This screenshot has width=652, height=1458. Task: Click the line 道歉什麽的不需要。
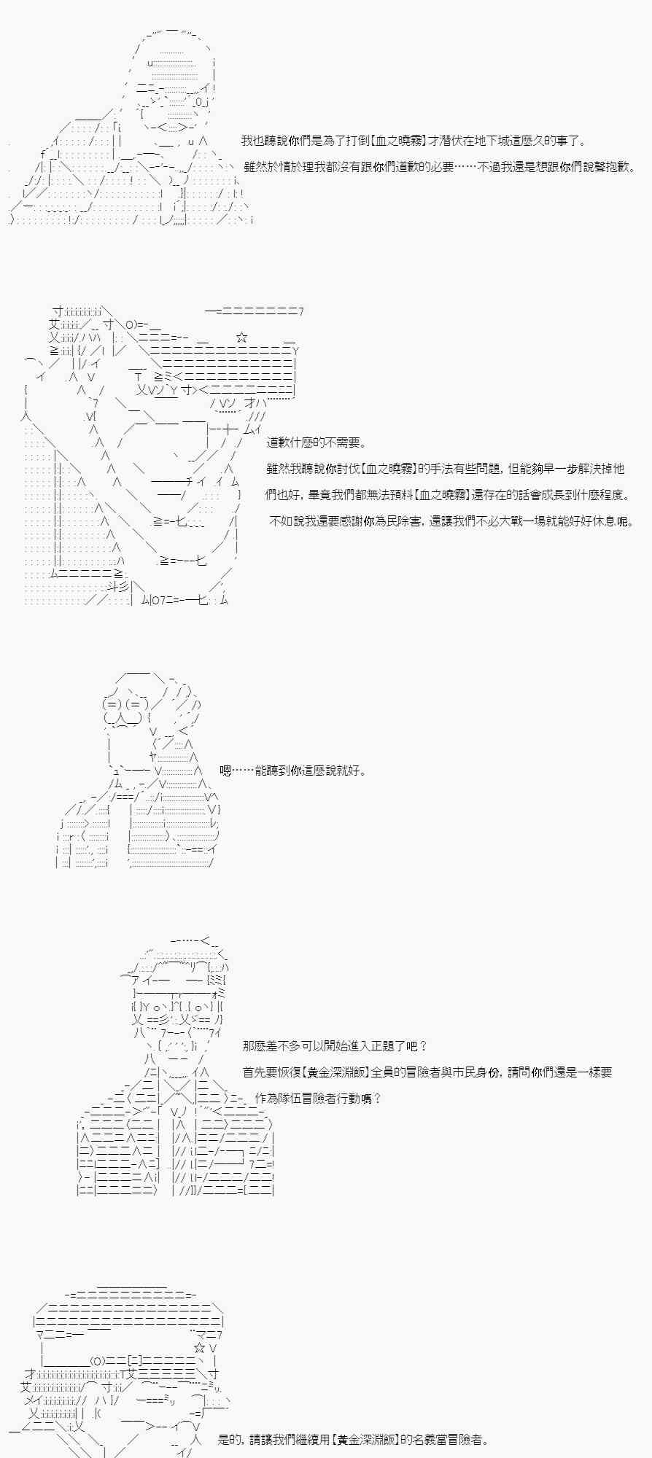[x=317, y=443]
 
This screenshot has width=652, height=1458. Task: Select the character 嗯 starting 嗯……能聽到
[x=225, y=771]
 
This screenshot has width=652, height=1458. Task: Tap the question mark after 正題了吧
[x=424, y=1046]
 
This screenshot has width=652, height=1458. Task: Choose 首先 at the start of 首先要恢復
[x=255, y=1072]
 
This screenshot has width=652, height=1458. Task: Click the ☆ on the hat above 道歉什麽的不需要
[x=242, y=338]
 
